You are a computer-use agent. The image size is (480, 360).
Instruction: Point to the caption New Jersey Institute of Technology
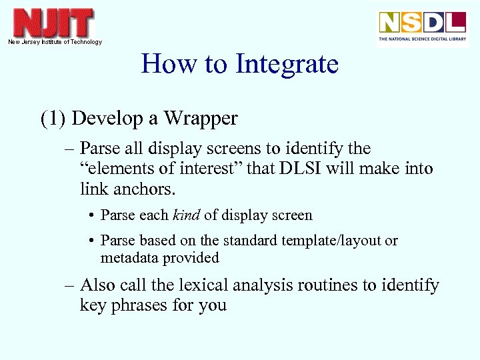[x=55, y=42]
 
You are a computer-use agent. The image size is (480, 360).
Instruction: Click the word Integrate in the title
[x=287, y=65]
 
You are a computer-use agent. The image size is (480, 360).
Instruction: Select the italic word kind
[x=186, y=215]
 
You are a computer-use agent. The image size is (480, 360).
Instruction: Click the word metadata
[x=129, y=258]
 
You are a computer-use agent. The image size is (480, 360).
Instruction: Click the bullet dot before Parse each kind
[x=90, y=216]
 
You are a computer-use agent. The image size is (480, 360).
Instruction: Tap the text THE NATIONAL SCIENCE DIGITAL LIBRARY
[x=422, y=39]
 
